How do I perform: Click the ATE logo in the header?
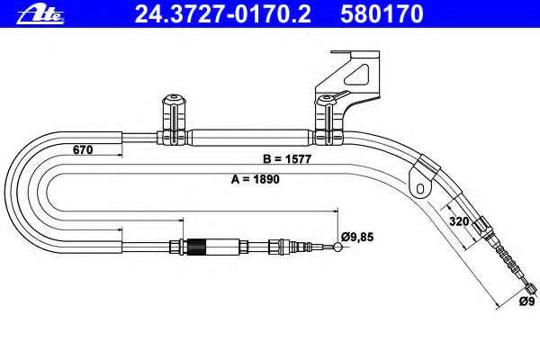[x=40, y=15]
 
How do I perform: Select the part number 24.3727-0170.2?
[x=223, y=14]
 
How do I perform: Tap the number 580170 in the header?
[x=382, y=14]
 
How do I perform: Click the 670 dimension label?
[x=83, y=150]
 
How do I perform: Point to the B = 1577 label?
[x=287, y=159]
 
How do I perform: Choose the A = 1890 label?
[x=256, y=179]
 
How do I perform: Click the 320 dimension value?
[x=459, y=221]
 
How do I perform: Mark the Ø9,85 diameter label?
[x=357, y=237]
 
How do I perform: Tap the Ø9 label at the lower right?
[x=526, y=301]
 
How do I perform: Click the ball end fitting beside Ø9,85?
[x=337, y=247]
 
